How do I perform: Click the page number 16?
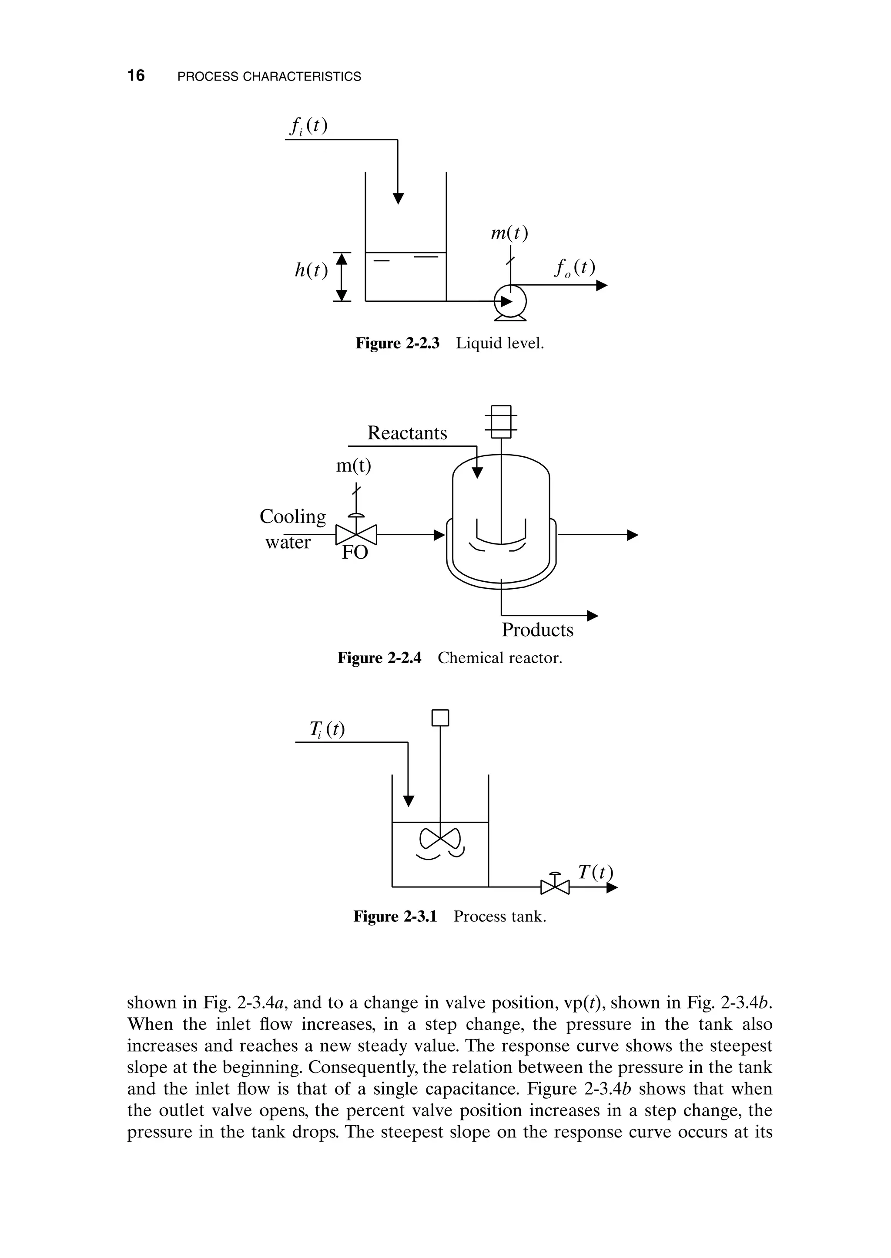[x=136, y=76]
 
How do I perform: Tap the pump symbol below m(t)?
[x=510, y=301]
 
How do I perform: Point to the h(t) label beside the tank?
[x=311, y=270]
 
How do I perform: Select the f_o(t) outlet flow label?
[x=574, y=268]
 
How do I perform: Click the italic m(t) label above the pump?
[x=509, y=233]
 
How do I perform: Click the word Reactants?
[x=407, y=433]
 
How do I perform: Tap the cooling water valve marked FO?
[x=356, y=533]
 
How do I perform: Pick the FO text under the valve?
[x=355, y=553]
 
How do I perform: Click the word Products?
[x=537, y=630]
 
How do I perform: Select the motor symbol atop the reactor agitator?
[x=501, y=421]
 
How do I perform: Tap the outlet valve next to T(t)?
[x=555, y=886]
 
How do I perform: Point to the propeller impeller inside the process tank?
[x=440, y=838]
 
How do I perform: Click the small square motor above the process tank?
[x=440, y=718]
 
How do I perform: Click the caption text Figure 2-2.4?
[x=379, y=658]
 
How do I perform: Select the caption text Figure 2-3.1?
[x=395, y=917]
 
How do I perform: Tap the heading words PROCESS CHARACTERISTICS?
[x=269, y=76]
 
